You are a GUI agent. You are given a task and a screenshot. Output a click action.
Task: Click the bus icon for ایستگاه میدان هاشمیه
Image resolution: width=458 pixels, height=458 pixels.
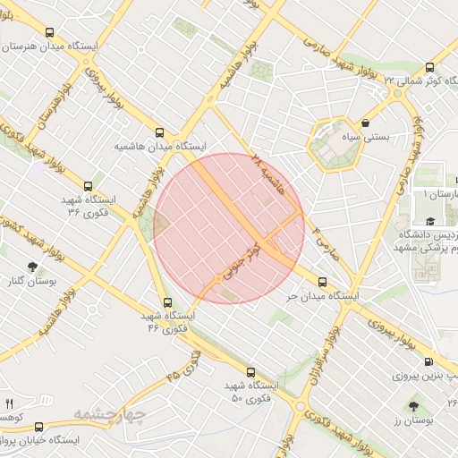tap(160, 131)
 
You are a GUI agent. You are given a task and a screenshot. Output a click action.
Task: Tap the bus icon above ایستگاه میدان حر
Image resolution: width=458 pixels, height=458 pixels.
tap(322, 283)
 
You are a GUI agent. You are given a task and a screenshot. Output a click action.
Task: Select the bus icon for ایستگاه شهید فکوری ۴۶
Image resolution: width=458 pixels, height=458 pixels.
tap(166, 302)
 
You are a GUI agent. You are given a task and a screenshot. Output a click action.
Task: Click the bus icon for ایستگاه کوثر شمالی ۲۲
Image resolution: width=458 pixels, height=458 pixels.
tap(429, 67)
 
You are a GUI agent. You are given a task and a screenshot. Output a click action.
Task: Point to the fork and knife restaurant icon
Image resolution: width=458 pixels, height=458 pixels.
tap(10, 404)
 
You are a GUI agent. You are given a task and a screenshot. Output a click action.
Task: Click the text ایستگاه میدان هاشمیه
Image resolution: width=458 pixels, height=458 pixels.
tap(160, 145)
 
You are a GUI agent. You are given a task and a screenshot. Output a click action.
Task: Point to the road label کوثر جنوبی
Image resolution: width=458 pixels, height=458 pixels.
tap(238, 260)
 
